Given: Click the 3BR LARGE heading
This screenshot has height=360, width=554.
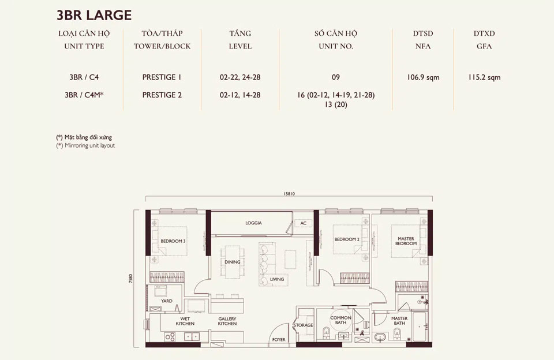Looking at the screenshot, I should coord(94,14).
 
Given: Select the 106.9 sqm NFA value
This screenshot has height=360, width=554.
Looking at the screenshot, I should coord(425,77).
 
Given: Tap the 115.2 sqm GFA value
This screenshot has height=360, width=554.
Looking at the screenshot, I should coord(484,77).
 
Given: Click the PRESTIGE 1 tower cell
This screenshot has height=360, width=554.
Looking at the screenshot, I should coord(162,77).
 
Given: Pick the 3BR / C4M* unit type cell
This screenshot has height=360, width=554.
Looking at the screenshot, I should coord(85,95).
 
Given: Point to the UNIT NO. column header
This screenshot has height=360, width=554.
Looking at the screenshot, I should coord(336,46).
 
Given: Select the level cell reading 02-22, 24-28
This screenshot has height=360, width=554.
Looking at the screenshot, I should coord(240,77).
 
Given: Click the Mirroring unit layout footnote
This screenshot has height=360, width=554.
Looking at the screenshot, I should coord(85,146).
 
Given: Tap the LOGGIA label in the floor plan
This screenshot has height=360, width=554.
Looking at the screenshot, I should coord(253,223).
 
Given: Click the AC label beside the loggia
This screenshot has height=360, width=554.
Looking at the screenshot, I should coord(303,223).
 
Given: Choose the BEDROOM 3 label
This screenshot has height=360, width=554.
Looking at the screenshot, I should coord(173,241).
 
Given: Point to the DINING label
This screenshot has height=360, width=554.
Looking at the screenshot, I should coord(233,262).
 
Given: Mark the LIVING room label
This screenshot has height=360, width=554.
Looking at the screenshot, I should coord(278,280).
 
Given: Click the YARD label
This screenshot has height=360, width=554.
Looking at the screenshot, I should coord(167,301).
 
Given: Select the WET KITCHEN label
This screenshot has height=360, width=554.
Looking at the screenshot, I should coord(185,321).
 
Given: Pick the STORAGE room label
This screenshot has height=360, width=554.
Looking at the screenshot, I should coord(303,325).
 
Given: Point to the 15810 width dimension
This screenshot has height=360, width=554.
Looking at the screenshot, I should coord(289,194).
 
